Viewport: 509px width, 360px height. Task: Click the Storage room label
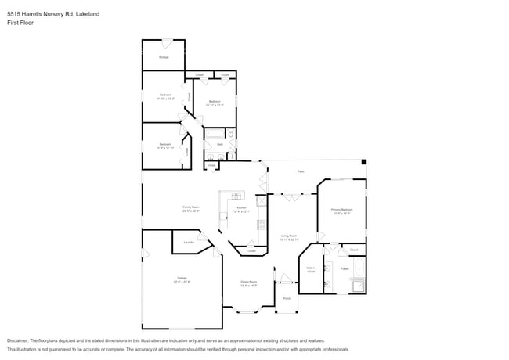point(164,57)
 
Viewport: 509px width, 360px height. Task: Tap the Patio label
point(300,171)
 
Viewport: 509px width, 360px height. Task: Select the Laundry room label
point(189,243)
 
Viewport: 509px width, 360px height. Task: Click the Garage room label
point(182,279)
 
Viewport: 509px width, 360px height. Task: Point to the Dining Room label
point(249,283)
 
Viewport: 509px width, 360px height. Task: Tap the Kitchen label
point(241,209)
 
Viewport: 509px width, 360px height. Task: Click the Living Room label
point(289,236)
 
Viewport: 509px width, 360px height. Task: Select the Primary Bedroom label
point(342,211)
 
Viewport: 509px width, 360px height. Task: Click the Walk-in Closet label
point(311,271)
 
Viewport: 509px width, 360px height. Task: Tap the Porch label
point(287,298)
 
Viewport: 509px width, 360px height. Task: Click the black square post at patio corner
point(363,162)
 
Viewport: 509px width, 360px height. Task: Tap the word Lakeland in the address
point(88,13)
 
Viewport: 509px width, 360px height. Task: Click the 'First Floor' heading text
point(20,23)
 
